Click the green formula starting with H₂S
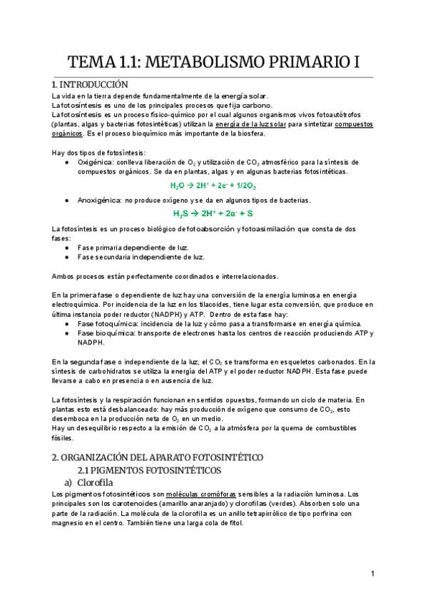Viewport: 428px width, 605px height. [213, 213]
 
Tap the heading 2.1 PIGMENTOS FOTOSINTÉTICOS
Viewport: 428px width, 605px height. [149, 469]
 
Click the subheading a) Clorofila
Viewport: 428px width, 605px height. [93, 483]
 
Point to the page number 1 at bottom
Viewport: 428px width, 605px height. [372, 574]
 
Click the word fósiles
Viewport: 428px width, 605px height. [63, 438]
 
